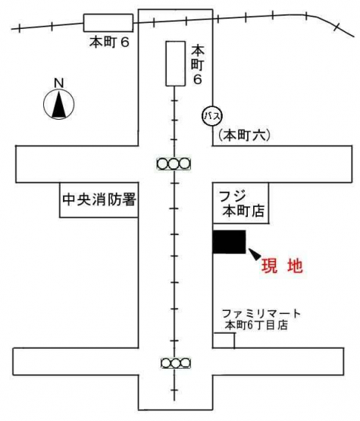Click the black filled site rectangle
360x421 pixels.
pos(229,242)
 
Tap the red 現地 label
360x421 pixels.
pos(282,265)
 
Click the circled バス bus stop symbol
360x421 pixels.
pos(212,116)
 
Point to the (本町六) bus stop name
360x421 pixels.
pos(244,135)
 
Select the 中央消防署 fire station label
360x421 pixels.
pos(99,200)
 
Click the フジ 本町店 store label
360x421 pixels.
pos(242,203)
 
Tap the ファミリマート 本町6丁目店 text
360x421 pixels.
pos(261,319)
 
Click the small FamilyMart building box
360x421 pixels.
pos(224,341)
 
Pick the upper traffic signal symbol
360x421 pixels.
pos(174,164)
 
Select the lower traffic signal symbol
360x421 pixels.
pos(176,363)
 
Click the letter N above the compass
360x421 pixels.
pos(59,83)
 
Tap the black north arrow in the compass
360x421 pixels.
pos(59,104)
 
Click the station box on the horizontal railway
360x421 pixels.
pos(108,23)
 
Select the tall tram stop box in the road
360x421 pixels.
pos(175,64)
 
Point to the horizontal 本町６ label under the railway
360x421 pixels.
pos(109,42)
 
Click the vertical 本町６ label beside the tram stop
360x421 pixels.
pos(198,65)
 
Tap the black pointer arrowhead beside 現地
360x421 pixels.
pos(255,253)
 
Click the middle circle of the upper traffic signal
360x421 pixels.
pos(174,164)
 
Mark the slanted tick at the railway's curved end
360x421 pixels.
pos(337,27)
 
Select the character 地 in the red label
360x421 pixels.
pos(295,265)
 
